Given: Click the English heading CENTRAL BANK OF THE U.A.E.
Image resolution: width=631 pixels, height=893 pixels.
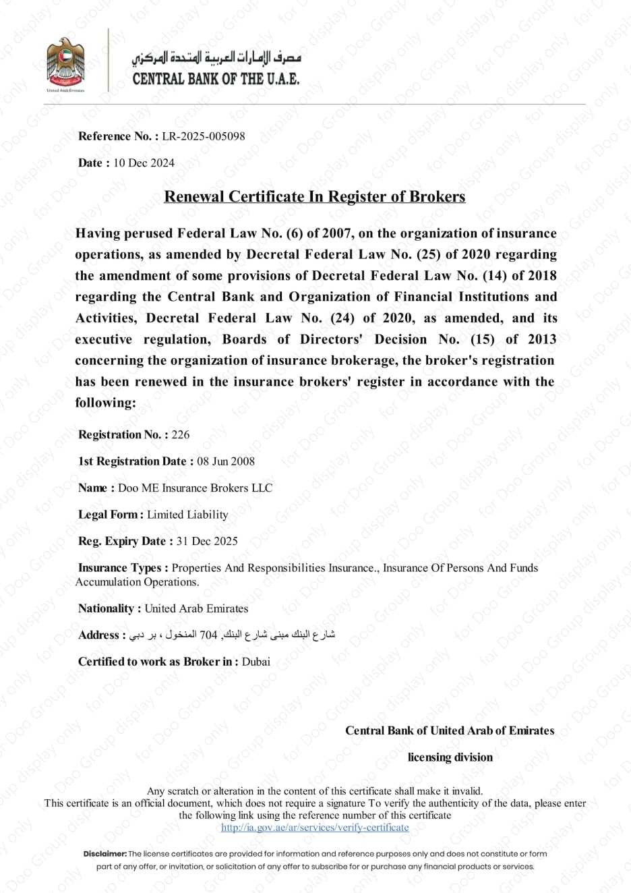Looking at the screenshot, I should coord(216,79).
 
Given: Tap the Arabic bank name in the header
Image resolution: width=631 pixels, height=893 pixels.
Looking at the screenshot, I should coord(216,57).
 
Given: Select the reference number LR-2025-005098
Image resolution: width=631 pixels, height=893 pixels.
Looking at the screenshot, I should coord(204,136).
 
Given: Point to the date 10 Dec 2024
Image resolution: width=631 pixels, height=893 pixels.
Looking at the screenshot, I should coord(144,163).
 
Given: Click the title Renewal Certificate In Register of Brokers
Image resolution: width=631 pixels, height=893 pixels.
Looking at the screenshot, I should coord(315,196).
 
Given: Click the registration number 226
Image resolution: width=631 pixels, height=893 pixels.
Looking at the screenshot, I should coord(181,434).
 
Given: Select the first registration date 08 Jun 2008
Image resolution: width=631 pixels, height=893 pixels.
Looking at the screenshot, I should coord(226,461).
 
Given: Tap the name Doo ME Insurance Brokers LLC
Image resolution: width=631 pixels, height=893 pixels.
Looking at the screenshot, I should coord(196,488).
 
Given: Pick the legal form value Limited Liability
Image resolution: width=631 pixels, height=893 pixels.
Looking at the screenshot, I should coord(187,515).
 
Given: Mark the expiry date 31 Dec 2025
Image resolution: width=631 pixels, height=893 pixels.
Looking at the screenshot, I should coord(207,541).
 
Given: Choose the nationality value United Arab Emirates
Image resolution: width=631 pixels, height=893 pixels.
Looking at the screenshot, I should coord(196,608).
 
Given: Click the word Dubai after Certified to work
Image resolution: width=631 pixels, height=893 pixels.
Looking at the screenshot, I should coord(256,662).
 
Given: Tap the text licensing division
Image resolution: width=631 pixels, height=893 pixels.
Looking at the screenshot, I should coord(450,757).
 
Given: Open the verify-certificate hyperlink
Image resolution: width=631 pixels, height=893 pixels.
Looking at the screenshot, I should coord(315,828).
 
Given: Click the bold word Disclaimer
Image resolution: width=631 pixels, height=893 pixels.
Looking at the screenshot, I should coord(105,854).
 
